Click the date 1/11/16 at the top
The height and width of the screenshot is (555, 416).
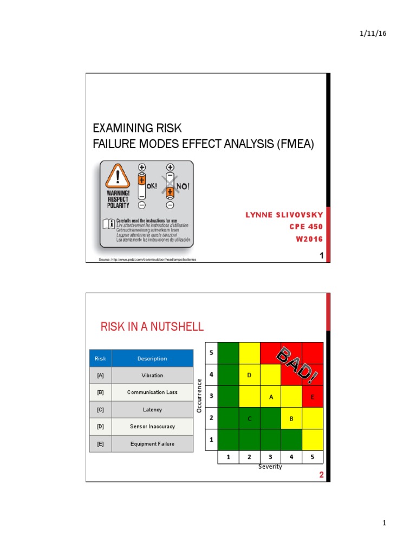[373, 34]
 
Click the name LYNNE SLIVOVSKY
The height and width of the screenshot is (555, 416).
[284, 216]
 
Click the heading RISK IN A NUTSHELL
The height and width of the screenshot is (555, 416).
[152, 326]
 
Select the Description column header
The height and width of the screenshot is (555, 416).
[152, 358]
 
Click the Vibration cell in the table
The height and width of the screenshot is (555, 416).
[152, 375]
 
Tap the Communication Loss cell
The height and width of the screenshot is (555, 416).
[152, 392]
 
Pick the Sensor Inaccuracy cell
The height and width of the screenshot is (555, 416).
[152, 427]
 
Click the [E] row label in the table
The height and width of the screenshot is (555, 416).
[100, 444]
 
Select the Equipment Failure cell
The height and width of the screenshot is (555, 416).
[152, 444]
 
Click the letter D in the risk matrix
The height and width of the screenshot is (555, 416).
[249, 375]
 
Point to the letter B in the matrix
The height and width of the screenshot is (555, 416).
[291, 418]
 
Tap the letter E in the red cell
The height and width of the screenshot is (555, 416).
[313, 397]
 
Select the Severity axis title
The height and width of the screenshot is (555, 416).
[270, 467]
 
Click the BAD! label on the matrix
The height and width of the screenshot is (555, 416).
[297, 363]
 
